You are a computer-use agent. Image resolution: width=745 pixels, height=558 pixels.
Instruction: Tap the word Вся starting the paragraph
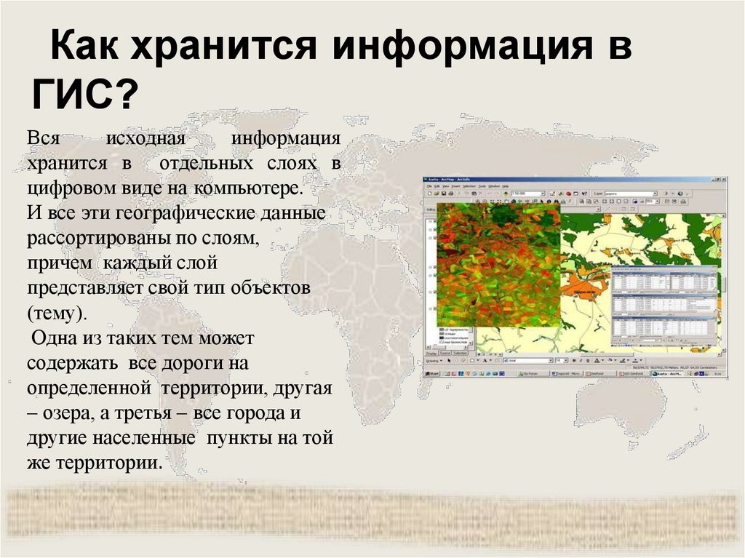(x=44, y=138)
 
